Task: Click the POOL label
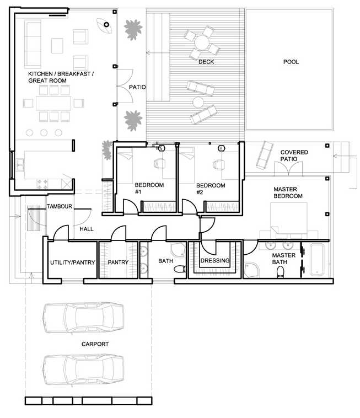coord(291,62)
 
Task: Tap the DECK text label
coord(206,62)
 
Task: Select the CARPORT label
coord(95,344)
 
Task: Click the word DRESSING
coord(215,261)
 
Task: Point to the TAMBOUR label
coord(60,206)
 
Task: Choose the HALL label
coord(87,228)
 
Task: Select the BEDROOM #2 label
coord(211,189)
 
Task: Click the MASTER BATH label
coord(284,259)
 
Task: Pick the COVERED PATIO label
coord(294,156)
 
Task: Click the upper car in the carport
coord(83,319)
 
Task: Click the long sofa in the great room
coord(31,44)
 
